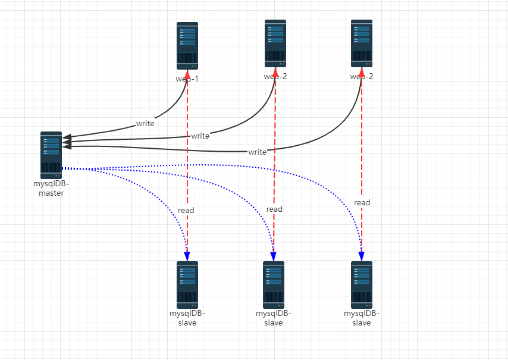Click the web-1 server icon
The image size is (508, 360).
coord(187,46)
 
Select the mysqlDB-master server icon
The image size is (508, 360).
coord(51,155)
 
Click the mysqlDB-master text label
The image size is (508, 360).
coord(51,188)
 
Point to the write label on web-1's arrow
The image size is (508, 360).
coord(145,124)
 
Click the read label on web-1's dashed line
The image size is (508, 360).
coord(186,210)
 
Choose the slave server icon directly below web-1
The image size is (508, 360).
coord(187,284)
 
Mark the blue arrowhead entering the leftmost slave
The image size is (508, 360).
coord(187,256)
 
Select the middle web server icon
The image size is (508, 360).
coord(275,43)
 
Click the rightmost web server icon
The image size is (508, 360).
coord(362,43)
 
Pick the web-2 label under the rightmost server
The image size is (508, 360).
coord(362,76)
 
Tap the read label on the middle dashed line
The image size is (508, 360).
coord(274,209)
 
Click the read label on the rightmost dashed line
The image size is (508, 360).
coord(362,202)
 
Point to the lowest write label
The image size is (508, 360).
coord(258,152)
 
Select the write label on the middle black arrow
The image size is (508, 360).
coord(200,136)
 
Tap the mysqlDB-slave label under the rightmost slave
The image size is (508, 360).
coord(362,318)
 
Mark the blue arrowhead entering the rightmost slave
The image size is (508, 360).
coord(361,256)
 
